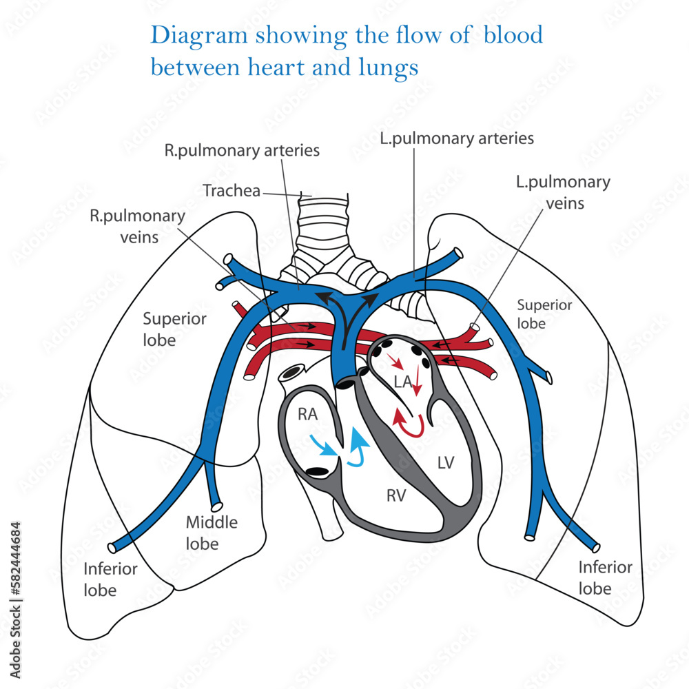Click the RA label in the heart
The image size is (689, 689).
point(307,413)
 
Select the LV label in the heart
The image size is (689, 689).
point(446,462)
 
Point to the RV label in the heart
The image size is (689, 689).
point(397,494)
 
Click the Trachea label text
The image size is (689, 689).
point(232,190)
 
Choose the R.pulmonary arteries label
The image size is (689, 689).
point(241,150)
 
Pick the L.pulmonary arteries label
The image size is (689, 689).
point(457,138)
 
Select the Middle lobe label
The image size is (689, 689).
point(212,533)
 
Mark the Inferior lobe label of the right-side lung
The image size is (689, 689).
point(110,579)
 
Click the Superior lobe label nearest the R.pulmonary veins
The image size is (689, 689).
point(174,329)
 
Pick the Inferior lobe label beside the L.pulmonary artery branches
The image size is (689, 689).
point(605,577)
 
